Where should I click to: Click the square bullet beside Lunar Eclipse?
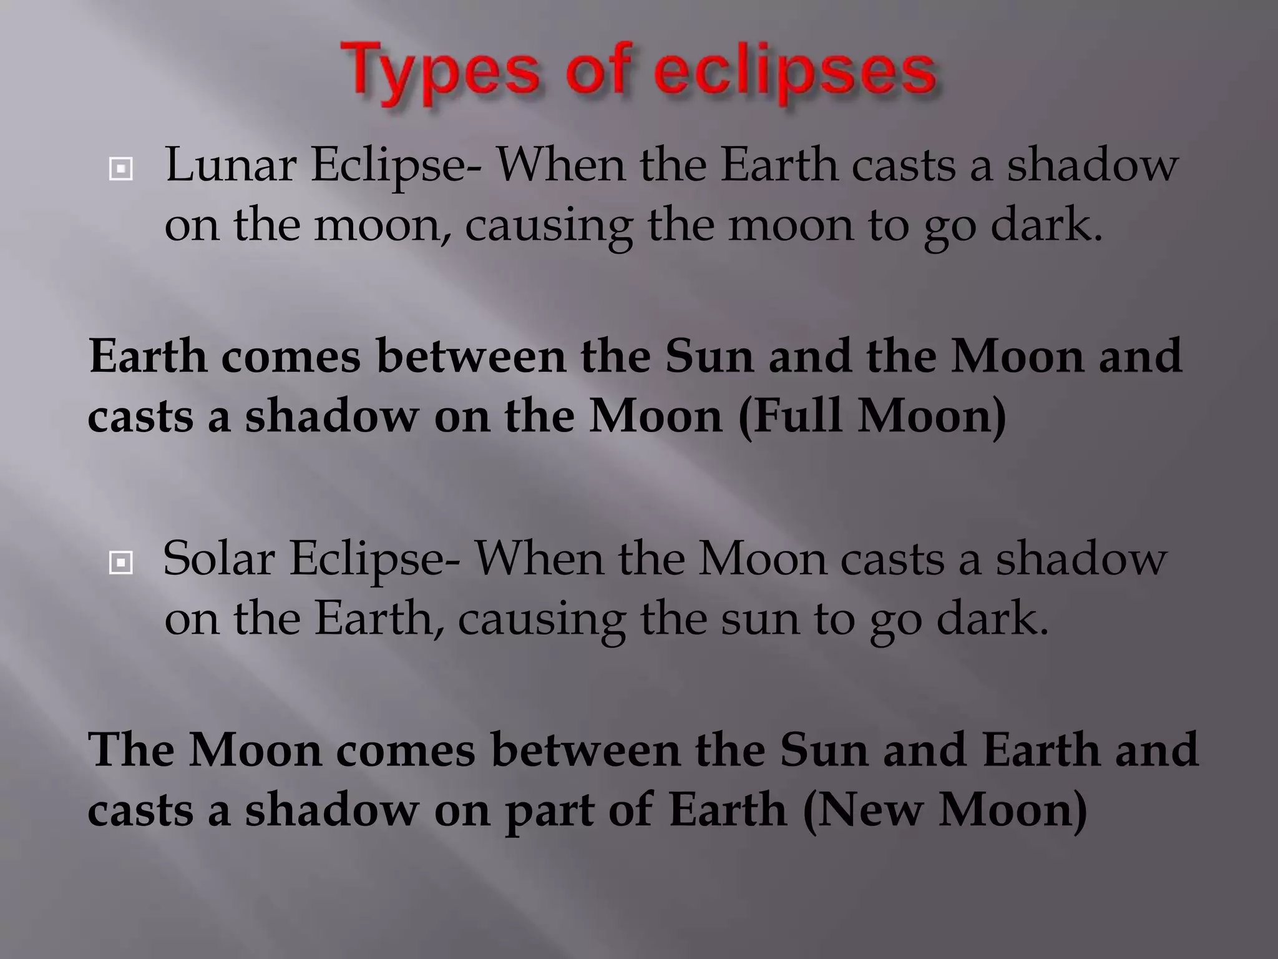point(120,169)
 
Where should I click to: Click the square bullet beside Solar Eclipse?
point(120,563)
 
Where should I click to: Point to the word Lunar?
point(230,165)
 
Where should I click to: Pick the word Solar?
point(218,558)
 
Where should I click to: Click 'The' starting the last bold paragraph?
point(130,749)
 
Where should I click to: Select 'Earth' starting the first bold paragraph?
point(147,356)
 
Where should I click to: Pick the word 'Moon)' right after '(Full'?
point(932,416)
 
